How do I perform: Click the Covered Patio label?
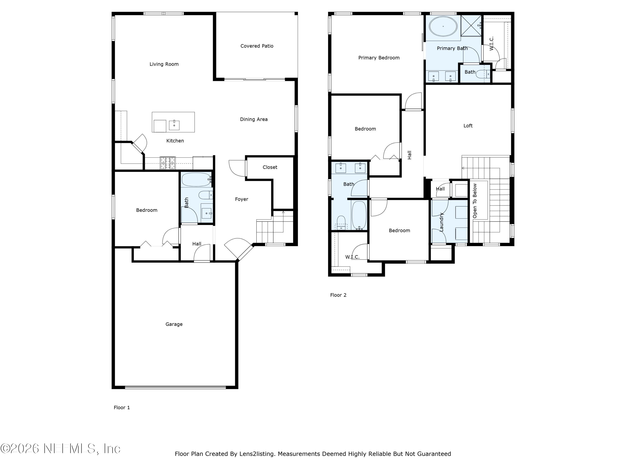point(257,46)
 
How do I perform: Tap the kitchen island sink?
point(174,125)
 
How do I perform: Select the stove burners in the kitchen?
point(168,163)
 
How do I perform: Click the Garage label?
point(174,324)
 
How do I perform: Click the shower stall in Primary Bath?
point(471,26)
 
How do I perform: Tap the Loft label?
point(468,126)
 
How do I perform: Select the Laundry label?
point(441,222)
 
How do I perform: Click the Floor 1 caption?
point(122,407)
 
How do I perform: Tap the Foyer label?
point(241,199)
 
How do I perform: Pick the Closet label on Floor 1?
point(270,167)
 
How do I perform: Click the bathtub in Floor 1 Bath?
point(196,179)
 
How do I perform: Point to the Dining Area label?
point(254,119)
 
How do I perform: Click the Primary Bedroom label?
point(379,58)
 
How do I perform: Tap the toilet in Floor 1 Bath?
point(204,195)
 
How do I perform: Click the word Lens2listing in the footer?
point(257,454)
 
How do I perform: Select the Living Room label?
point(164,64)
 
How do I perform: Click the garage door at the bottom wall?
point(175,387)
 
